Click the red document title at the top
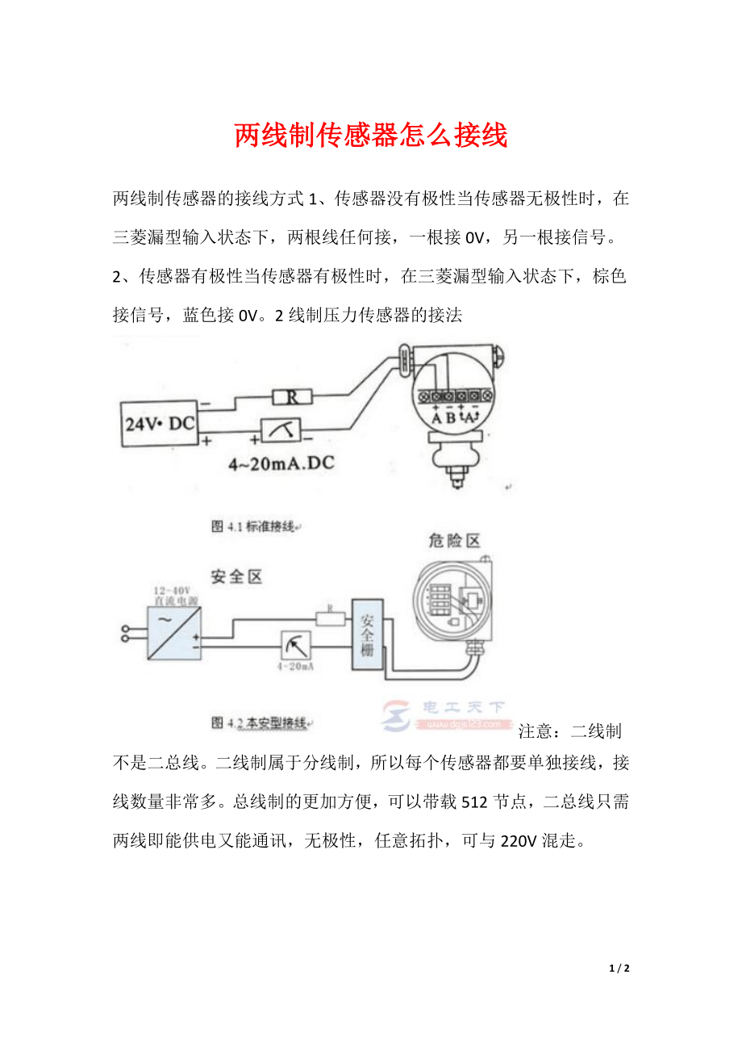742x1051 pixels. click(371, 136)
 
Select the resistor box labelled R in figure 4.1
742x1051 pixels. click(290, 396)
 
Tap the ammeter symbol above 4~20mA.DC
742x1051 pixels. click(281, 432)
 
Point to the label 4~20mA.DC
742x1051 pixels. click(282, 465)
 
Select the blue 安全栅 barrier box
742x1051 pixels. click(367, 634)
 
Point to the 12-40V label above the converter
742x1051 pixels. click(173, 592)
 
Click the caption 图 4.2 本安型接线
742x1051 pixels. click(259, 722)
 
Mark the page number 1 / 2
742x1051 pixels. click(619, 968)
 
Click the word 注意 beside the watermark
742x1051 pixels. click(536, 731)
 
